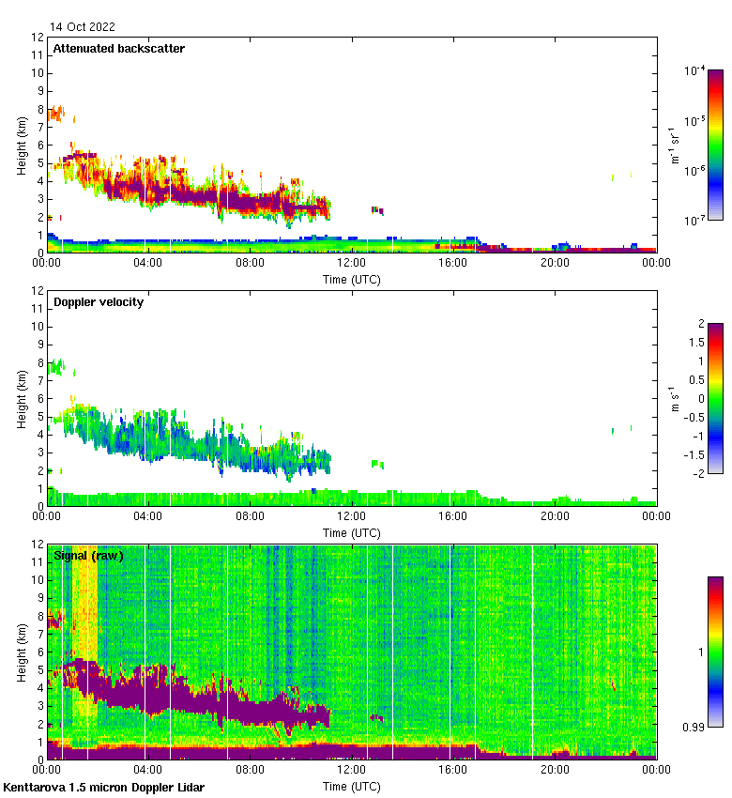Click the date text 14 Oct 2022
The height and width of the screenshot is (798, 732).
tap(83, 27)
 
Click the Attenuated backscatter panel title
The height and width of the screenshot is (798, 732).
tap(119, 48)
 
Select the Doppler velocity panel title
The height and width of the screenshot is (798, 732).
tap(99, 301)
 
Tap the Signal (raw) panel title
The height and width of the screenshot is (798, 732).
tap(88, 556)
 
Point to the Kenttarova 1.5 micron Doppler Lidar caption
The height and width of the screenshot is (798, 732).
tap(103, 787)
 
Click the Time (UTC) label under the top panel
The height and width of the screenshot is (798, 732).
tap(352, 279)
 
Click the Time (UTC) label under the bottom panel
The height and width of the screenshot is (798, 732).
tap(352, 784)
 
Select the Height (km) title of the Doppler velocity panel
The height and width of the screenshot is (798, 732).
tap(23, 399)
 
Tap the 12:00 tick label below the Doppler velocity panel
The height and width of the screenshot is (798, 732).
tap(352, 517)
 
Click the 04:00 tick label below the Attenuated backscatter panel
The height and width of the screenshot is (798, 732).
tap(148, 264)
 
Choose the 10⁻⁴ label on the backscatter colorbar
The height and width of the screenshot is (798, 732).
tap(695, 70)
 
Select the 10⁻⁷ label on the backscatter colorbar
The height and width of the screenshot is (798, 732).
tap(695, 220)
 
